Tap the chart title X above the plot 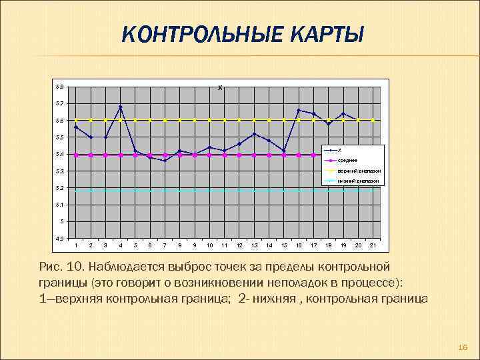221,87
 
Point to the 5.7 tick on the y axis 60,104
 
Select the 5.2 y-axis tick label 60,188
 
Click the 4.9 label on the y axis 60,238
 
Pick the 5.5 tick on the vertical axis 60,137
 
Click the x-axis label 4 121,246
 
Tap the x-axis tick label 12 239,246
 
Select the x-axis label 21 373,246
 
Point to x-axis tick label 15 284,246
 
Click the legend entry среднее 347,161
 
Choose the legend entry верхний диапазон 358,171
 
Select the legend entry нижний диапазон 358,181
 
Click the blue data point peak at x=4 121,107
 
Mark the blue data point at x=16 299,110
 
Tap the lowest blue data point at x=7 165,161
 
